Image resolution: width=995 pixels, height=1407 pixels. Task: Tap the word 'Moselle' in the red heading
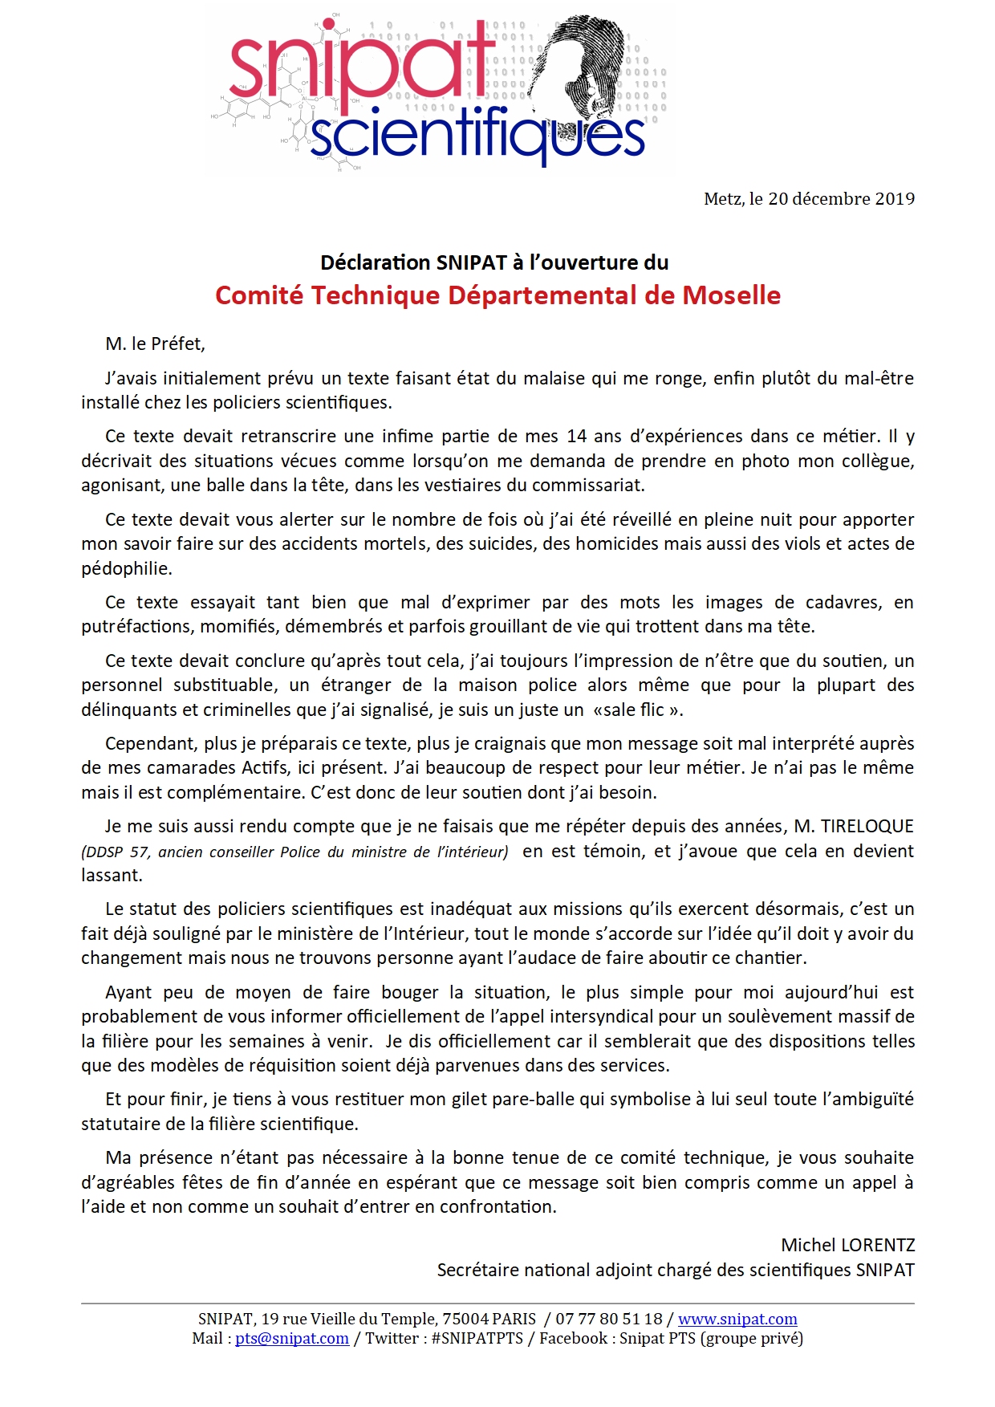coord(731,295)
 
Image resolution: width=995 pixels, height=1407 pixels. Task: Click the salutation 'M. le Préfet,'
coord(155,344)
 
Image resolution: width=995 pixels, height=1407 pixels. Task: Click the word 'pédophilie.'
coord(127,569)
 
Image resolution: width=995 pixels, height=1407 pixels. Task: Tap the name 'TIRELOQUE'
coord(867,827)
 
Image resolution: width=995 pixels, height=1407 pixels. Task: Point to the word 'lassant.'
coord(112,876)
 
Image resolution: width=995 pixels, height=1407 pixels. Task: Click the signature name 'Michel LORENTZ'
coord(847,1246)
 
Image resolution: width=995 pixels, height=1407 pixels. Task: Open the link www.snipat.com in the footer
coord(737,1319)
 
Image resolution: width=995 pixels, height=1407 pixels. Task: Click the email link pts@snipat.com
coord(291,1338)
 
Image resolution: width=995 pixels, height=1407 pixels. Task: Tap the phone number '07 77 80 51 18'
coord(609,1319)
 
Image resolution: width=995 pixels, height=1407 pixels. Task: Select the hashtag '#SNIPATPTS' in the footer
coord(477,1338)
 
